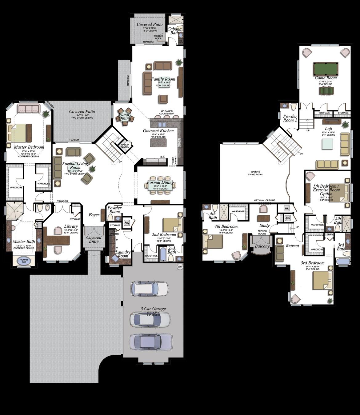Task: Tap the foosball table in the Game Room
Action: point(326,91)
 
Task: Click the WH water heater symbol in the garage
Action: point(180,266)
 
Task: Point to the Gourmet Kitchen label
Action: point(158,131)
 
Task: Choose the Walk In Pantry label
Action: point(125,146)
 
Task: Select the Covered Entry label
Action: point(94,239)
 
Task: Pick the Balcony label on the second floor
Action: point(262,246)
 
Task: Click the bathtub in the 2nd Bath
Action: point(162,255)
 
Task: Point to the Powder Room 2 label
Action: point(290,118)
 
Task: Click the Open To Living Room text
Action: point(255,173)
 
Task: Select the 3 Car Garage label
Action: point(153,309)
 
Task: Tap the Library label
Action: point(71,226)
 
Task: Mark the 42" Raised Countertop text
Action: point(167,113)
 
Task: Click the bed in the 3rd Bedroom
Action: point(322,280)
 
